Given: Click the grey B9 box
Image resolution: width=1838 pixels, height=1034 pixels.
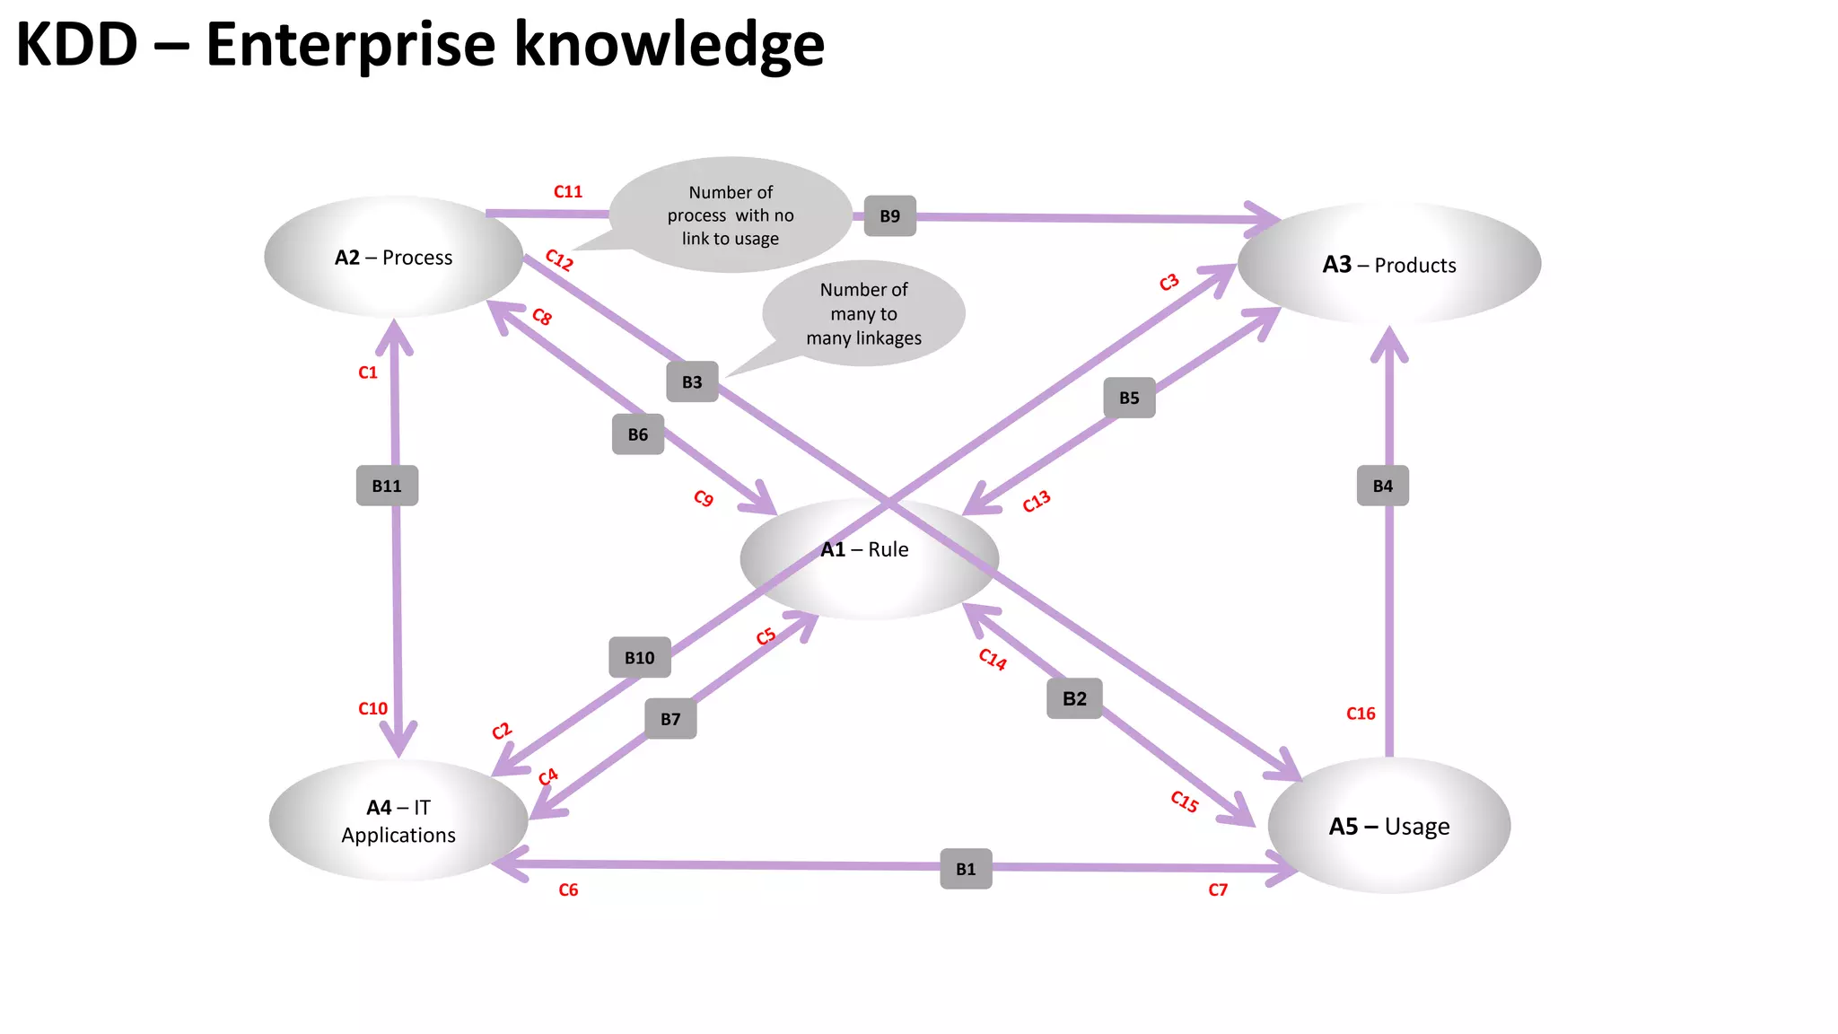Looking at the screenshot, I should coord(889,216).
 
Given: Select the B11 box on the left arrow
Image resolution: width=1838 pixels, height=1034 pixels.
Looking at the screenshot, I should coord(387,486).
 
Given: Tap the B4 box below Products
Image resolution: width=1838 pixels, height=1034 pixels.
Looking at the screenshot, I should coord(1382,486).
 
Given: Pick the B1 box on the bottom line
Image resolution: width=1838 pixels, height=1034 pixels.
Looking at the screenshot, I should coord(966,869).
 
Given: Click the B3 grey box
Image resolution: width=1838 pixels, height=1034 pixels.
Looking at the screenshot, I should coord(692,381).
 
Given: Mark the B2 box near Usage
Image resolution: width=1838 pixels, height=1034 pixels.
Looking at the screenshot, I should coord(1074,698).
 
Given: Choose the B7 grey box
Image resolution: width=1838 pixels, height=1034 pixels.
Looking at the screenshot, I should coord(670,719).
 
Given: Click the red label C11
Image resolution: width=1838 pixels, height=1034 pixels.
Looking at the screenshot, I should coord(567,191).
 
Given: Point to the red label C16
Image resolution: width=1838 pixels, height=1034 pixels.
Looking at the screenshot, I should coord(1361,714).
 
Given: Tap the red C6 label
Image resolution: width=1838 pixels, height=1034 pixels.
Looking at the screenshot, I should coord(568,889).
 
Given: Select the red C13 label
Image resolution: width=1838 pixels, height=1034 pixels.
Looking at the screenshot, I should coord(1036,502).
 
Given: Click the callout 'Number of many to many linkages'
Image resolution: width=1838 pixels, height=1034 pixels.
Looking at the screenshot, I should coord(863,313).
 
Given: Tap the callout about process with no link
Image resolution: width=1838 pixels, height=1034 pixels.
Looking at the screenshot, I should coord(730,215).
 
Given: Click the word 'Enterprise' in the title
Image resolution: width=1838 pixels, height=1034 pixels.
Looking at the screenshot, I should coord(350,45).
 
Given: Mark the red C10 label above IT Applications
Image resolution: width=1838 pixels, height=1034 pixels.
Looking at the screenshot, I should coord(372,708).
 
